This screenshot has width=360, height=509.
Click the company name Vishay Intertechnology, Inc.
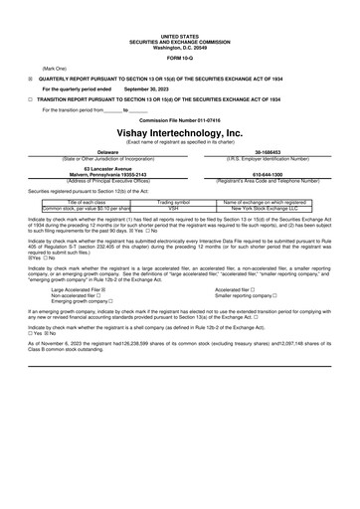[179, 131]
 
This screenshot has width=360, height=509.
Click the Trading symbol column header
[173, 201]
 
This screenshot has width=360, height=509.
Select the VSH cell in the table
[173, 208]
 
